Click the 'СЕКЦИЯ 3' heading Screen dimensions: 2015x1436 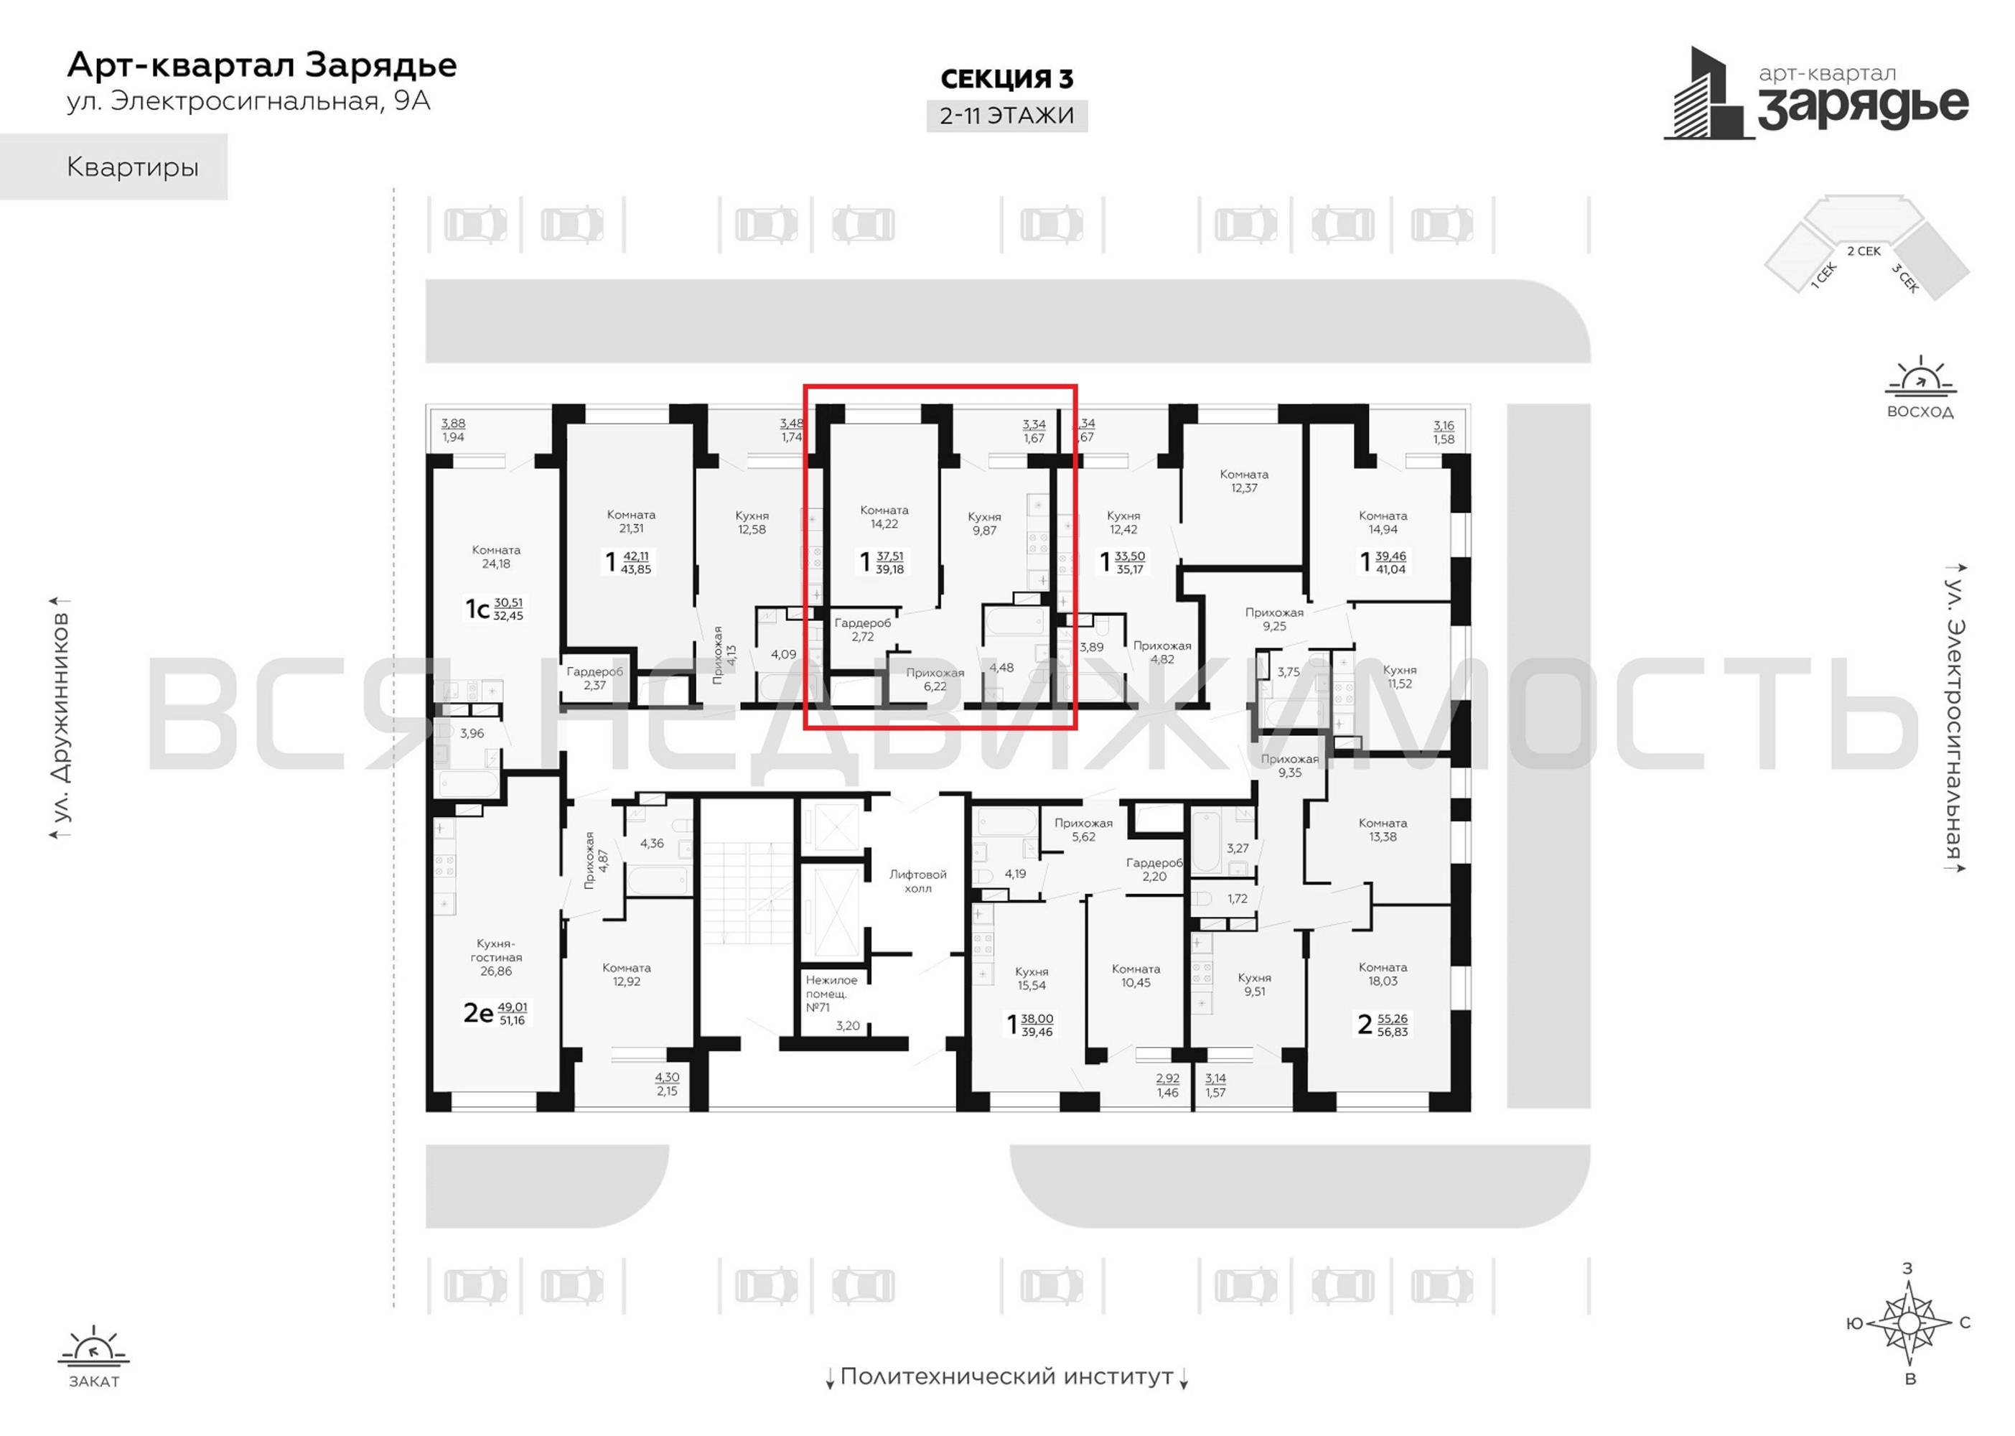click(x=1006, y=80)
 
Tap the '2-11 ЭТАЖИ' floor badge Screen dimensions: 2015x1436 click(x=1006, y=116)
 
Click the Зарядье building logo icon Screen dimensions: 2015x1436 click(x=1708, y=94)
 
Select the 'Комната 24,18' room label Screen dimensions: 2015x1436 click(x=496, y=556)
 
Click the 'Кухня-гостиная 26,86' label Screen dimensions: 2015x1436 click(x=496, y=957)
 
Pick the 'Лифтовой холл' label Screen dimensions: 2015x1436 click(x=917, y=881)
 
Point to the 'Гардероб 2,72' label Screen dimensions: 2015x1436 click(x=862, y=630)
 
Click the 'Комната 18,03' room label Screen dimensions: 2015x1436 click(x=1382, y=974)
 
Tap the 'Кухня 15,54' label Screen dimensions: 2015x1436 click(x=1032, y=978)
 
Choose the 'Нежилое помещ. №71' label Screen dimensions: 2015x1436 click(x=831, y=993)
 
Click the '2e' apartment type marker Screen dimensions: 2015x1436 click(x=478, y=1012)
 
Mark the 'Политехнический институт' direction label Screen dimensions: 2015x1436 click(x=1006, y=1376)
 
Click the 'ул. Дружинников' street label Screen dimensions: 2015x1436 click(x=60, y=717)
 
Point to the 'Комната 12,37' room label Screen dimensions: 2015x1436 click(x=1243, y=481)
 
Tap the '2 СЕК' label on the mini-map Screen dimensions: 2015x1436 click(x=1863, y=251)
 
